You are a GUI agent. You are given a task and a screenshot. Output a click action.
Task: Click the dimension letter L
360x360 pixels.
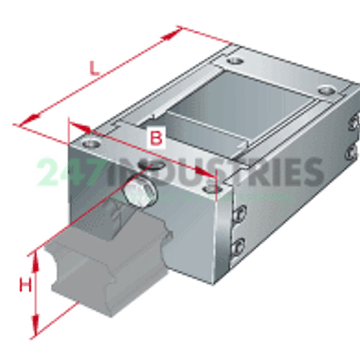pyautogui.click(x=94, y=68)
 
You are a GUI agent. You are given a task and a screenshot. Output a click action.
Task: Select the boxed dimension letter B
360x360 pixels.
pyautogui.click(x=156, y=137)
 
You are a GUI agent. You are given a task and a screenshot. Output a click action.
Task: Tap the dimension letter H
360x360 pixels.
pyautogui.click(x=25, y=284)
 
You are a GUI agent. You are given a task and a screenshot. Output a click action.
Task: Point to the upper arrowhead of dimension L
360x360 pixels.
pyautogui.click(x=171, y=34)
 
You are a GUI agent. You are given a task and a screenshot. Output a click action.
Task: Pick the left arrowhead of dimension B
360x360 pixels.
pyautogui.click(x=81, y=127)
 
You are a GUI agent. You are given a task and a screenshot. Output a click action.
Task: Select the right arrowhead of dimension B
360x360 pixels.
pyautogui.click(x=204, y=171)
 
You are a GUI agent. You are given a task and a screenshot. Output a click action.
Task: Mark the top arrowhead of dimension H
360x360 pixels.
pyautogui.click(x=35, y=261)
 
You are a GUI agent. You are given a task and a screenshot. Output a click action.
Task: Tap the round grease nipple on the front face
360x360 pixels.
pyautogui.click(x=141, y=193)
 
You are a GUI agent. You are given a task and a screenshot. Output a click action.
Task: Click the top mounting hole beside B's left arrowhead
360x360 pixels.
pyautogui.click(x=91, y=143)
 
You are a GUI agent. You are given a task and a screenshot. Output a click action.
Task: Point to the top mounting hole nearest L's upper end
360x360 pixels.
pyautogui.click(x=235, y=61)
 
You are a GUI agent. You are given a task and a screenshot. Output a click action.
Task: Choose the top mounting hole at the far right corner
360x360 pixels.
pyautogui.click(x=327, y=91)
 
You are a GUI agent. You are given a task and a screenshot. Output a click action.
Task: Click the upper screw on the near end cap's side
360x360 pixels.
pyautogui.click(x=240, y=213)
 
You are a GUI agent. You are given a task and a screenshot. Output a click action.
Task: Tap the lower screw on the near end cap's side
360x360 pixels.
pyautogui.click(x=238, y=248)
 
